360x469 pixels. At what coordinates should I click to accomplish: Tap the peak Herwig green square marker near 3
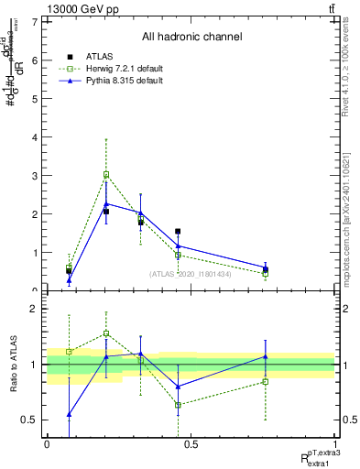click(x=106, y=174)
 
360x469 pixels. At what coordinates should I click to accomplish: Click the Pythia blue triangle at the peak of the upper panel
click(x=106, y=203)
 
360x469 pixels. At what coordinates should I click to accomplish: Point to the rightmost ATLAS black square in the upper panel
click(x=266, y=269)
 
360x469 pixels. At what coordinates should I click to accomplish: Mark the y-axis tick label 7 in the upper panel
click(x=34, y=22)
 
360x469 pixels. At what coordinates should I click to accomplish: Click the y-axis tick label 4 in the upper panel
click(x=34, y=137)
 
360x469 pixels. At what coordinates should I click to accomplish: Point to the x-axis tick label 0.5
click(x=191, y=443)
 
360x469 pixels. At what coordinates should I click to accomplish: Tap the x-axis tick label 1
click(x=335, y=443)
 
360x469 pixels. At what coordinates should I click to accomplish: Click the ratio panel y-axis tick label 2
click(x=34, y=309)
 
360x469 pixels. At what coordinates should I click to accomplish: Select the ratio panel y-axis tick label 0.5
click(x=30, y=420)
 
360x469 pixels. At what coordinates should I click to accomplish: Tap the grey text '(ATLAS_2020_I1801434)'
click(x=191, y=274)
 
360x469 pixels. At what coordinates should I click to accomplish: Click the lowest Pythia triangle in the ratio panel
click(x=69, y=414)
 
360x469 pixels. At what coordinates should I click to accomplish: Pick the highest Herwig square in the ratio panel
click(x=106, y=333)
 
